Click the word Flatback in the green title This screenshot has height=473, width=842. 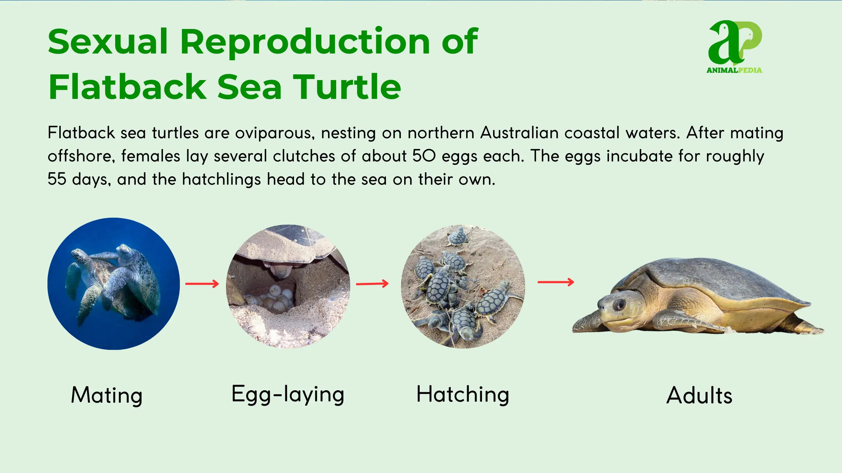tap(128, 87)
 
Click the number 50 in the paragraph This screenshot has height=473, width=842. tap(424, 156)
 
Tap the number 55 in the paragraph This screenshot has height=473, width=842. tap(57, 179)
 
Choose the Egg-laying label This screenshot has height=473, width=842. tap(288, 394)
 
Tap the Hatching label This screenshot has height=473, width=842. tap(463, 394)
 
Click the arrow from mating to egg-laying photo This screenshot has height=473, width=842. tap(202, 284)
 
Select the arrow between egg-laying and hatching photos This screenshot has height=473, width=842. tap(372, 284)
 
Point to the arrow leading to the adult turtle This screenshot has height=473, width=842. tap(556, 282)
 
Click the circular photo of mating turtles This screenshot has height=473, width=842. tap(114, 284)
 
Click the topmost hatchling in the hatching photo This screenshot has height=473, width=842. tap(458, 236)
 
